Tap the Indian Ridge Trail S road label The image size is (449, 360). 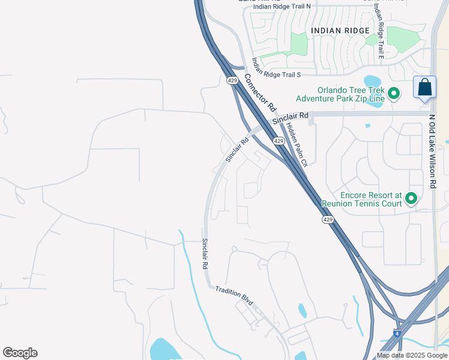coord(276,68)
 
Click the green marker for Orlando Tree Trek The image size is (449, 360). coord(394,93)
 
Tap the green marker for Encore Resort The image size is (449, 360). coord(411,197)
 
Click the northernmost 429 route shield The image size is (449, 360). coord(232,80)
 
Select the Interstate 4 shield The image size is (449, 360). coord(397,332)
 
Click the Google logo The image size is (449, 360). coord(20,353)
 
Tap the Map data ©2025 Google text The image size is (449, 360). coord(412,355)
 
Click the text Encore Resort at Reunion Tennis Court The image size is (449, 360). coord(362,199)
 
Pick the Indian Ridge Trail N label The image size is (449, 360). coord(282,6)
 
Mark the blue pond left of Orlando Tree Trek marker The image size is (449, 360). coord(372,81)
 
